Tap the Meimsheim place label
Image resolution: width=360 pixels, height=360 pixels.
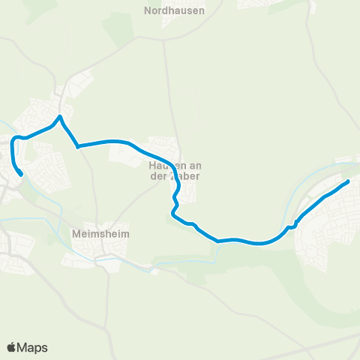click(x=101, y=234)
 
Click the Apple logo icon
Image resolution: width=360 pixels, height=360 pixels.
click(x=11, y=347)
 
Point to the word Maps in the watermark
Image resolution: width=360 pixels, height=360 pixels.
click(x=32, y=347)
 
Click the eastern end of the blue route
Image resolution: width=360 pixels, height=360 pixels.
click(x=348, y=181)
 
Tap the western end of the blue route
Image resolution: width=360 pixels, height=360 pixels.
click(x=22, y=175)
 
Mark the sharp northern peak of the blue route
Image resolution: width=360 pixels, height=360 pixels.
click(x=60, y=116)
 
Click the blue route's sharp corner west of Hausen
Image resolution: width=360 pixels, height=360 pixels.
click(x=78, y=147)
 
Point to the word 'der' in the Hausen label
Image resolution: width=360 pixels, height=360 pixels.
click(x=161, y=177)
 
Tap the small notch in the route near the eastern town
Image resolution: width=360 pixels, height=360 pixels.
click(x=290, y=225)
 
